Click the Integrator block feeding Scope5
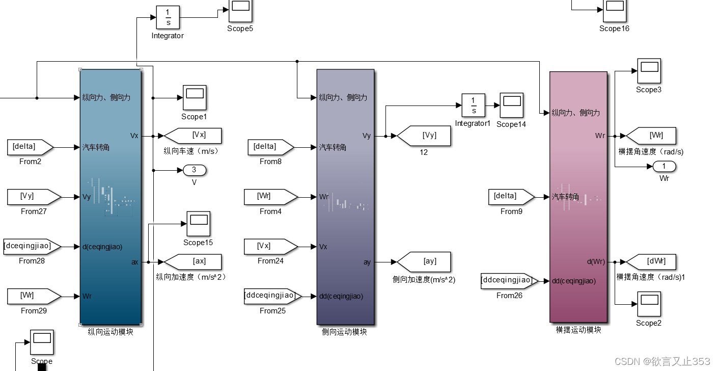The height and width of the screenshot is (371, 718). (x=168, y=17)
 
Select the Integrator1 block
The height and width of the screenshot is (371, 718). (x=474, y=105)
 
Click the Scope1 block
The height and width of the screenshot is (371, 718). (x=195, y=98)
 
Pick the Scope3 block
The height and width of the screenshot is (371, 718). (x=649, y=71)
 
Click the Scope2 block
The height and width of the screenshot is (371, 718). (x=649, y=304)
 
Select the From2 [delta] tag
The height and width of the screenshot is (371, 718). (x=30, y=147)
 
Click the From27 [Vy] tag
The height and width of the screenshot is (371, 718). (x=34, y=196)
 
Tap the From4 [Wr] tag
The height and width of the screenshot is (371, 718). (x=270, y=196)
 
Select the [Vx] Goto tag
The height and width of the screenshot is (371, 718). (x=193, y=136)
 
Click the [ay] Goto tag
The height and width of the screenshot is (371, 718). (x=424, y=261)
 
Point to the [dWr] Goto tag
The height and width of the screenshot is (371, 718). (x=651, y=261)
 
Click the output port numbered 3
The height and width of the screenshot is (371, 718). (x=194, y=170)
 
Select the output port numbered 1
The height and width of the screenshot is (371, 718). (x=664, y=166)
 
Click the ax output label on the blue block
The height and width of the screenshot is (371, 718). (x=135, y=262)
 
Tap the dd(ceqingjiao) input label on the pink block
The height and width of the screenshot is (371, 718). (x=573, y=280)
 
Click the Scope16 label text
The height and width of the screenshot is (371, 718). (x=614, y=29)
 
